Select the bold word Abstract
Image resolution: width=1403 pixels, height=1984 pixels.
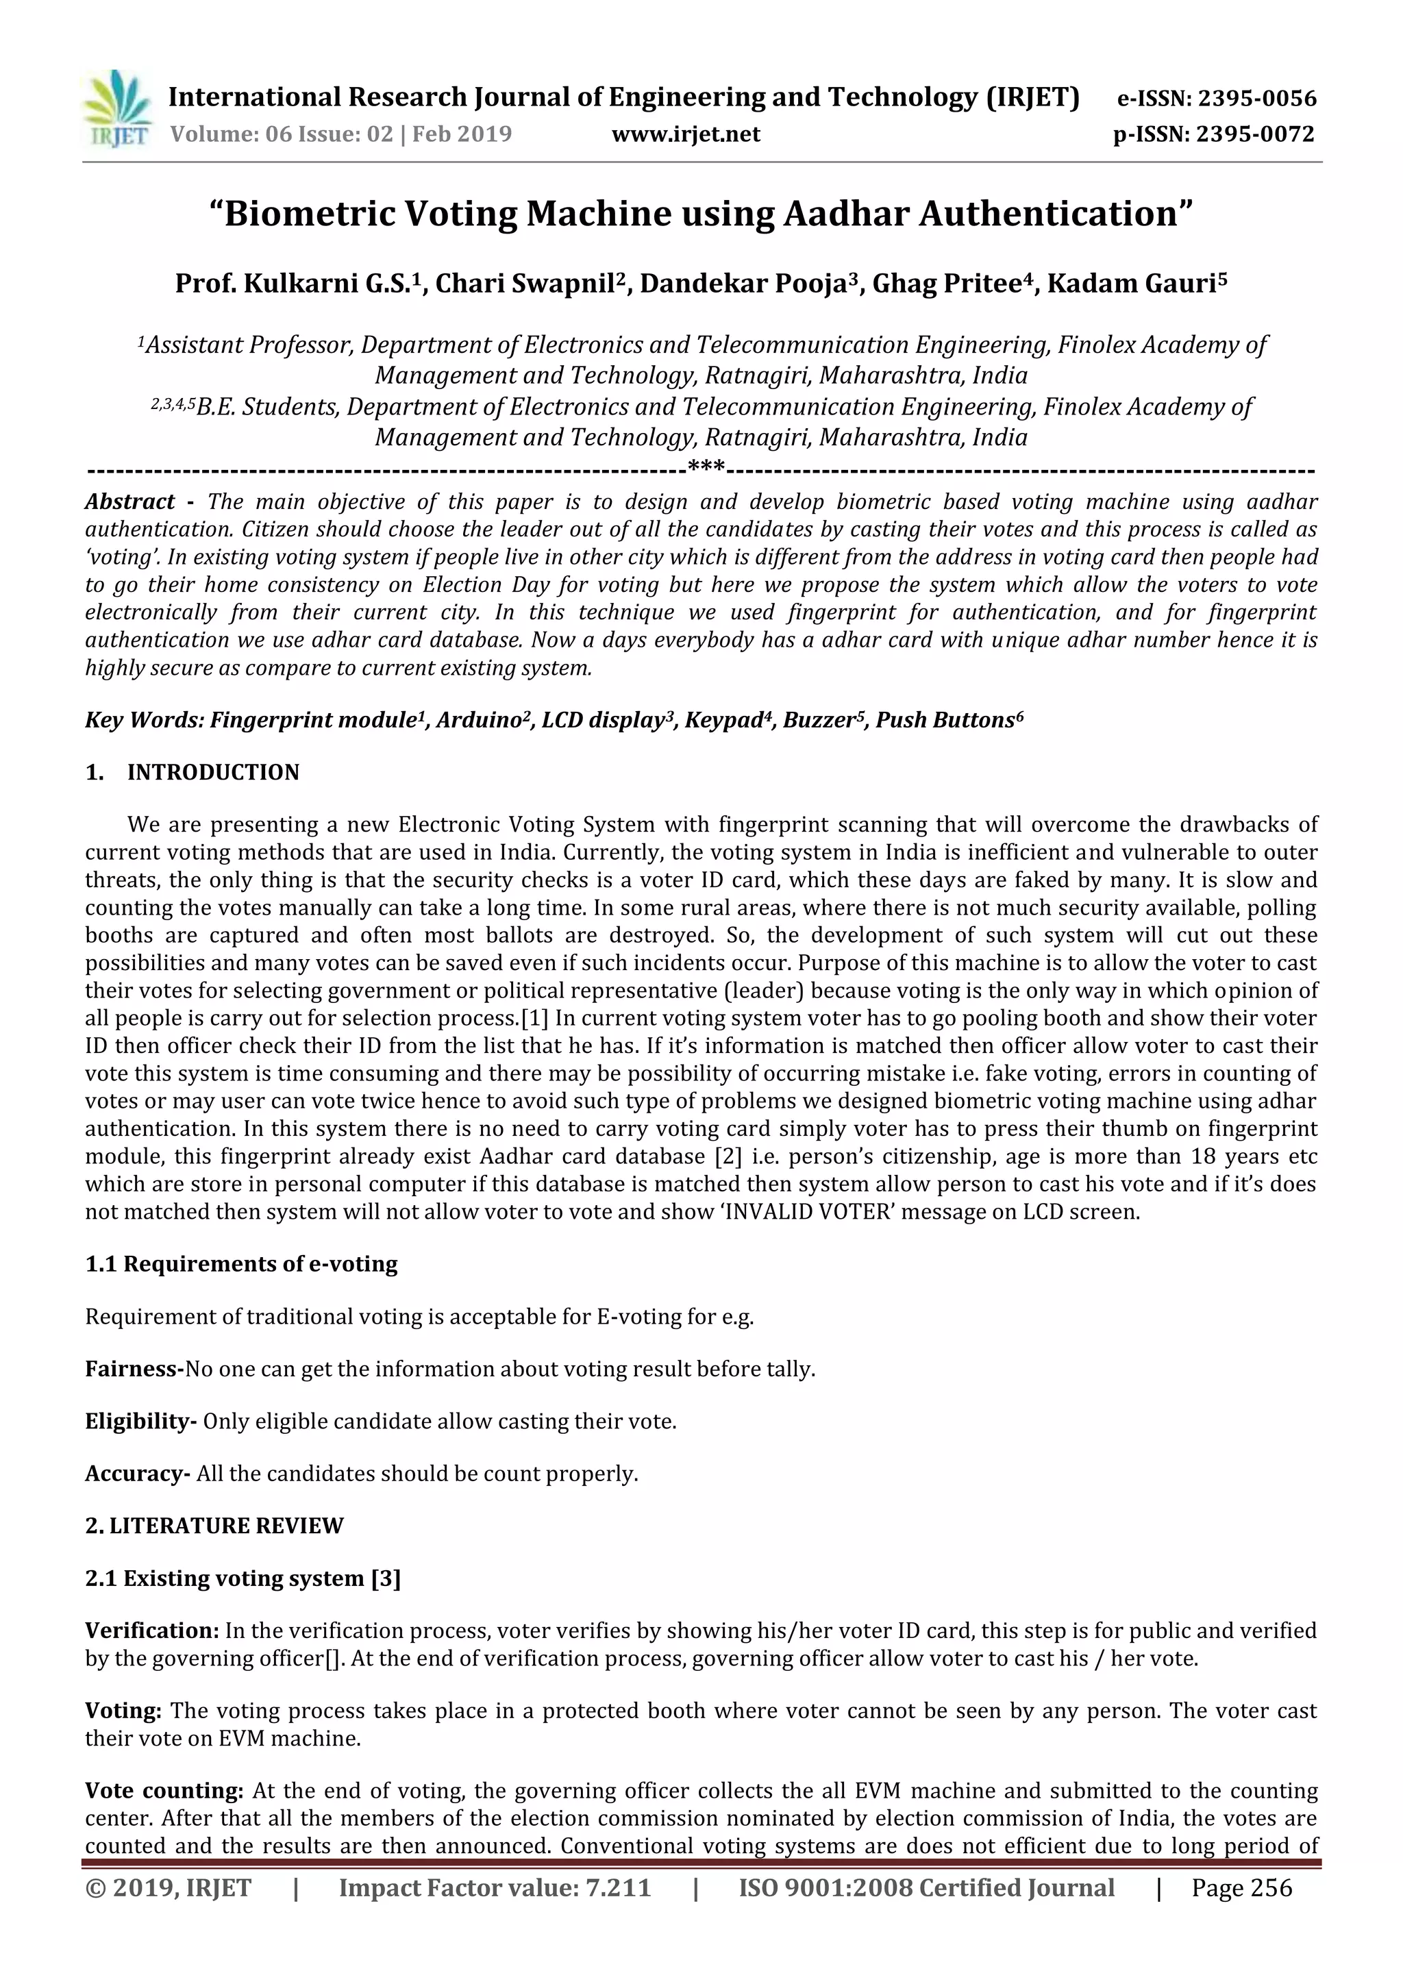tap(129, 502)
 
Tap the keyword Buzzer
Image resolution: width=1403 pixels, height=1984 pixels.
tap(820, 720)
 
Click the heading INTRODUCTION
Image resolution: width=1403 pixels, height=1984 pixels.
tap(212, 773)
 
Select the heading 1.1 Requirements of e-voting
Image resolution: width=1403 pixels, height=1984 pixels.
tap(241, 1263)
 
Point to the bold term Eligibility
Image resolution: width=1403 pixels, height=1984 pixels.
tap(139, 1422)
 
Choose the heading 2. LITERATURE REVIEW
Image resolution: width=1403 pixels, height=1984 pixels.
tap(214, 1525)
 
